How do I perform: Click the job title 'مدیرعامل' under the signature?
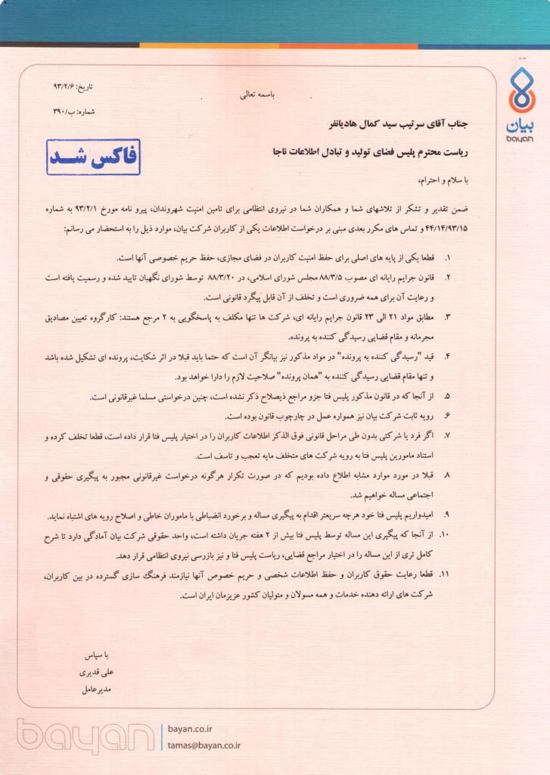(x=96, y=689)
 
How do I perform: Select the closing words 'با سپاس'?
(x=97, y=653)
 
